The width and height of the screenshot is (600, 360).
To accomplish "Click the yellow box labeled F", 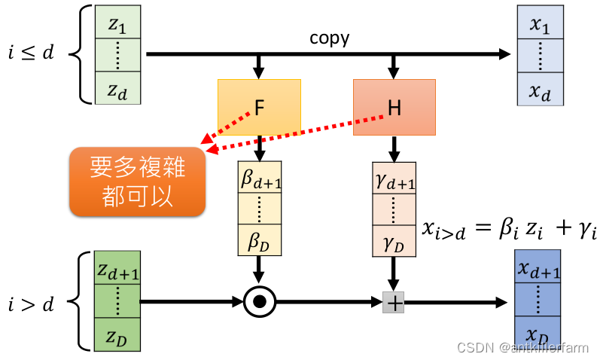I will (x=259, y=107).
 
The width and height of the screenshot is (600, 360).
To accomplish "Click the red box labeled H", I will (x=394, y=107).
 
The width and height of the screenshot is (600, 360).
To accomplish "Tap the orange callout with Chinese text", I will (x=137, y=182).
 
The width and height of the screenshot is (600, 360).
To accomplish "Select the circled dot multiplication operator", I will (x=260, y=303).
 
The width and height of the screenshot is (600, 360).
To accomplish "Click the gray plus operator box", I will (x=394, y=303).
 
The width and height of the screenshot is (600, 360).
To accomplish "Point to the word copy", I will (x=329, y=38).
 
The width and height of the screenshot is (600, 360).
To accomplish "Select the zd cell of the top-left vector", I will (x=117, y=90).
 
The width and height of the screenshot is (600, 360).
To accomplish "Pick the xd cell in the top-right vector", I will (x=539, y=90).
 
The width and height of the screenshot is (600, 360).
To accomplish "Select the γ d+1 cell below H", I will (x=394, y=179).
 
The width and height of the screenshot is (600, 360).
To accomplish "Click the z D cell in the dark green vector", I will (x=117, y=334).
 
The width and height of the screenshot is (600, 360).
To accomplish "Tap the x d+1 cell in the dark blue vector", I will (x=539, y=270).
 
